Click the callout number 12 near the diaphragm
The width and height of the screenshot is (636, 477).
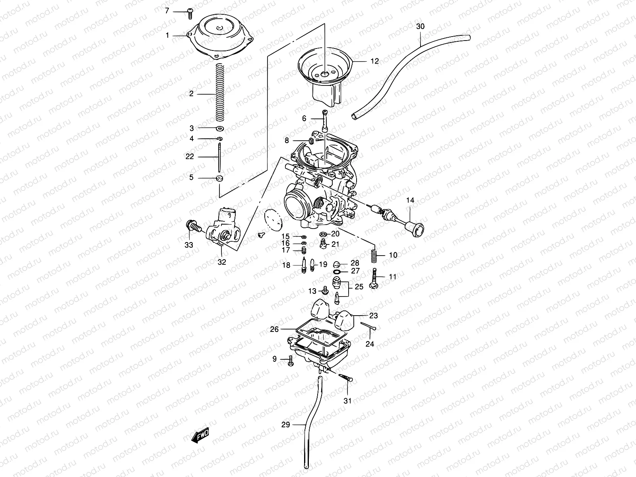pyautogui.click(x=374, y=61)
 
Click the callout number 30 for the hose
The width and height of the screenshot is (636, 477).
pyautogui.click(x=420, y=27)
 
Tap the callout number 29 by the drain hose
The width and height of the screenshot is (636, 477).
pyautogui.click(x=286, y=425)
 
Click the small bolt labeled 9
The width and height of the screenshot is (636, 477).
pyautogui.click(x=290, y=360)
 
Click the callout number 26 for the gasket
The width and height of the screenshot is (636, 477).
pyautogui.click(x=286, y=329)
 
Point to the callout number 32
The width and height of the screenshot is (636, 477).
pyautogui.click(x=222, y=262)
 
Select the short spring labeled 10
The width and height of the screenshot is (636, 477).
pyautogui.click(x=374, y=255)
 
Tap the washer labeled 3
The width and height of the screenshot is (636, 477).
pyautogui.click(x=219, y=128)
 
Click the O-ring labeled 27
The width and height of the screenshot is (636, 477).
pyautogui.click(x=337, y=271)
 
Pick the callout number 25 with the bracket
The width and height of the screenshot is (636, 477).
pyautogui.click(x=359, y=287)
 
